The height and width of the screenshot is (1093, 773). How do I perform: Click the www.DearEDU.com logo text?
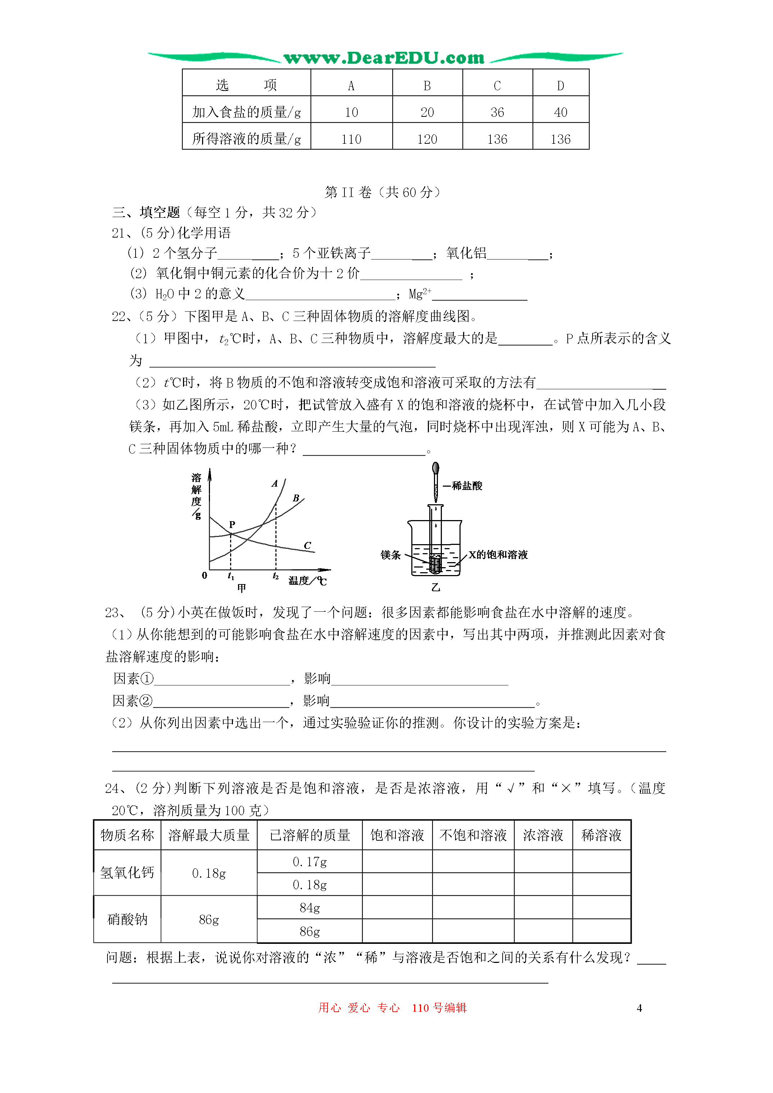coord(384,58)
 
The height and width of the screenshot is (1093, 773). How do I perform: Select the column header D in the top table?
coord(561,86)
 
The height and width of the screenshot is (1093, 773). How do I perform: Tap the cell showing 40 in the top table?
coord(561,112)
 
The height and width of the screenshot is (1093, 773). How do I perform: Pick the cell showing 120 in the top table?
coord(427,139)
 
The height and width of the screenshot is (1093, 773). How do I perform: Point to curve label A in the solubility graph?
coord(275,484)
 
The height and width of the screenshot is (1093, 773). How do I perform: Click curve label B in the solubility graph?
coord(296,498)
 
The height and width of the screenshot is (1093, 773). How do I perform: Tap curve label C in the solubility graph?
coord(307,546)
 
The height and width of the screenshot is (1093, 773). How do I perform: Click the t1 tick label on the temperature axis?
coord(231,576)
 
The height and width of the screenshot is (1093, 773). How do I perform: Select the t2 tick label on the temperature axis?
coord(276,576)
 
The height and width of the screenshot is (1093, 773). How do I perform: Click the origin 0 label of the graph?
coord(204,575)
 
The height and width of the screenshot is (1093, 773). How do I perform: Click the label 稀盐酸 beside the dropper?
coord(467,486)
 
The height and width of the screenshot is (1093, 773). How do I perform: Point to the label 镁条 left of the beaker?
coord(390,555)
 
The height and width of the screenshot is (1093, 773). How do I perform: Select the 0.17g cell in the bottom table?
coord(310,862)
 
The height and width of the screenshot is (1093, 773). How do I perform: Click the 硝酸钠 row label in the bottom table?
coord(127,919)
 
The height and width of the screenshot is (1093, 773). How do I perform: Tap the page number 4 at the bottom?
coord(639,1008)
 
